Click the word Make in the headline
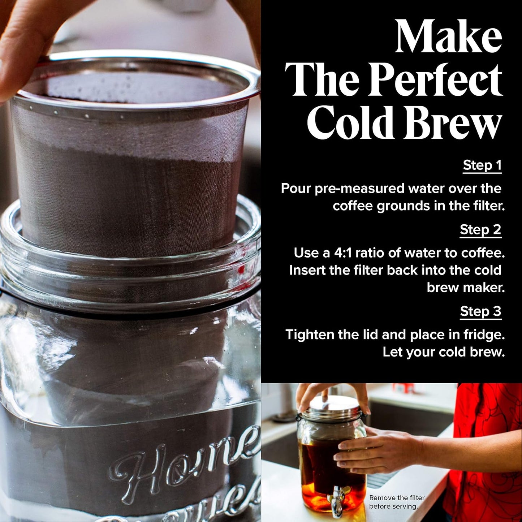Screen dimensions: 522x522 pos(448,37)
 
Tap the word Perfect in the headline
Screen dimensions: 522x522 pos(435,80)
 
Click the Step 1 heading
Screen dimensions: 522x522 pos(482,165)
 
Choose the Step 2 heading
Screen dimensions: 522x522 pos(480,230)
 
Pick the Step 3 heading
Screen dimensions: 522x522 pos(480,311)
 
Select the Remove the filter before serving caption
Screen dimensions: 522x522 pos(396,502)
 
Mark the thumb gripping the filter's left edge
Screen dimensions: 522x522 pos(18,54)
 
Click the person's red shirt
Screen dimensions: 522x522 pos(484,452)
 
